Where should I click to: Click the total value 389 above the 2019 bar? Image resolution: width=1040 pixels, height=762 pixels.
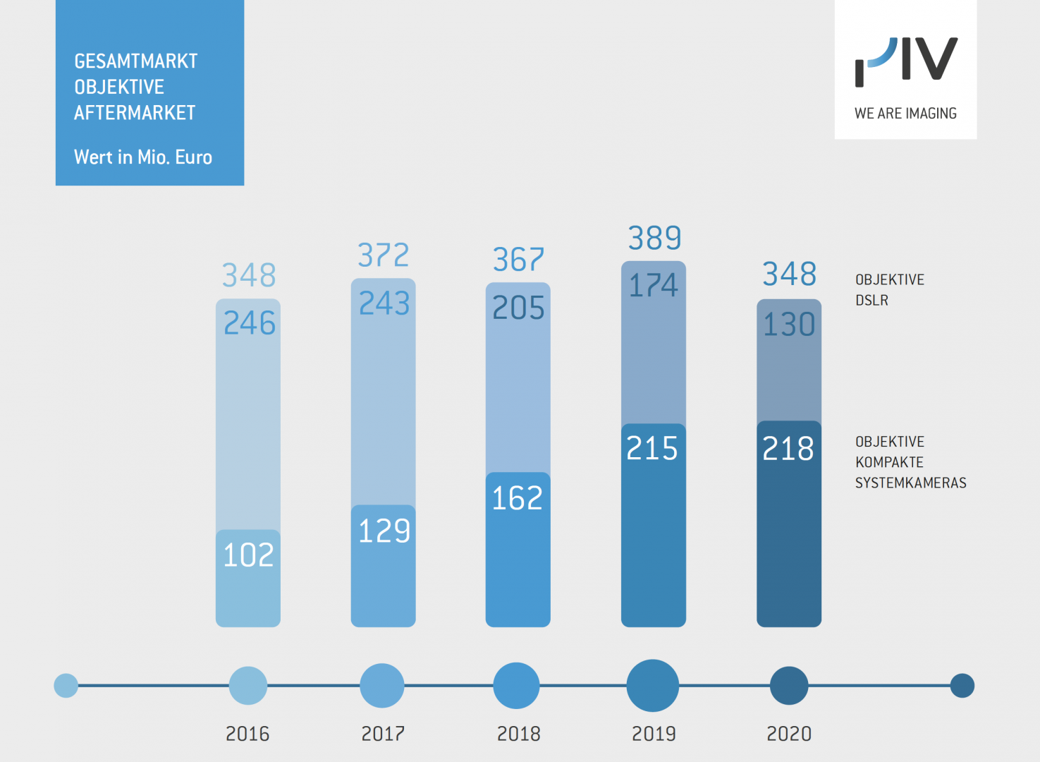click(x=654, y=238)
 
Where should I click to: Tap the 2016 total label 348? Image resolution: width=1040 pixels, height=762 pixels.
click(x=249, y=275)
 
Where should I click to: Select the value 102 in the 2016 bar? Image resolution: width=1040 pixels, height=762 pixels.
click(x=248, y=555)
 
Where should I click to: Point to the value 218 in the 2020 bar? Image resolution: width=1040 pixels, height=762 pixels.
click(x=788, y=449)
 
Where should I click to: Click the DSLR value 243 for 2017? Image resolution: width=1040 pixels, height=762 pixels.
click(x=384, y=303)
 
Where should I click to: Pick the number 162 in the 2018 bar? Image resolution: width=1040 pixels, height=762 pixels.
click(x=518, y=498)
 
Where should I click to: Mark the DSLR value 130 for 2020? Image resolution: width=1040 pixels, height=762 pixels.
click(x=789, y=325)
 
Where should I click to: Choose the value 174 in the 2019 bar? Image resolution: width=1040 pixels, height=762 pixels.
click(x=654, y=286)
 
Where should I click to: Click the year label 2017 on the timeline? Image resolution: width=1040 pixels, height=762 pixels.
click(x=383, y=734)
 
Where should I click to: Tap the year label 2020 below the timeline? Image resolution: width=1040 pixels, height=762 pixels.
click(x=789, y=734)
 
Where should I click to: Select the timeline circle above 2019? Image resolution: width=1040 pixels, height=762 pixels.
click(x=653, y=685)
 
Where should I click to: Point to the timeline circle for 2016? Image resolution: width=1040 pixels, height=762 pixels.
click(x=248, y=685)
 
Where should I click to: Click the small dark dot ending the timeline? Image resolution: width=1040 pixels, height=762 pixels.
click(x=962, y=685)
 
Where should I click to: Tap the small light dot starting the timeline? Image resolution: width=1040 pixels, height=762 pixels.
click(x=66, y=685)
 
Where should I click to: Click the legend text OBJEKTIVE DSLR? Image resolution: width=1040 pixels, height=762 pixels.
click(x=889, y=290)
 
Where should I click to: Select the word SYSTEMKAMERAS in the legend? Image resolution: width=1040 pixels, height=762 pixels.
click(x=910, y=483)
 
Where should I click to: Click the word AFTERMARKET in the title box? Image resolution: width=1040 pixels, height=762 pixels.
click(x=135, y=113)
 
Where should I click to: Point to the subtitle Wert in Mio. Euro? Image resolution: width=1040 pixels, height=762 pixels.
click(x=143, y=157)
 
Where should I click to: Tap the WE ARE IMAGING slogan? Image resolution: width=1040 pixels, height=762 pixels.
click(x=905, y=114)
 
